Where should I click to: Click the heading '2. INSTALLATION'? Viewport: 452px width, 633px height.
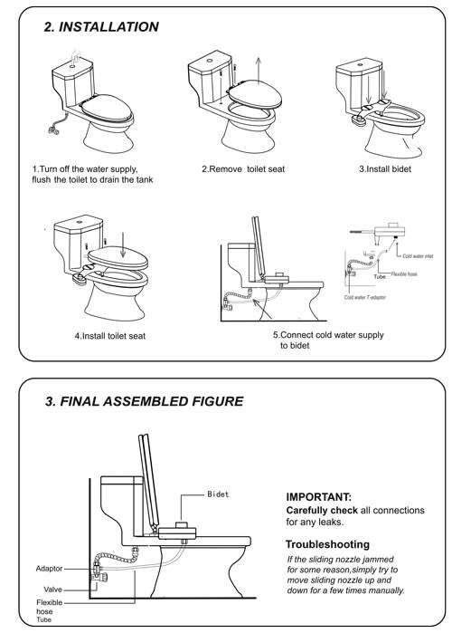[101, 27]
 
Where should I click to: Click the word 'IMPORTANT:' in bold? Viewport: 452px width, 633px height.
[319, 497]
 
